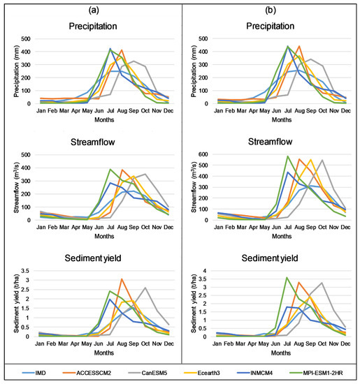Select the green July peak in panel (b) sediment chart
coord(287,278)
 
